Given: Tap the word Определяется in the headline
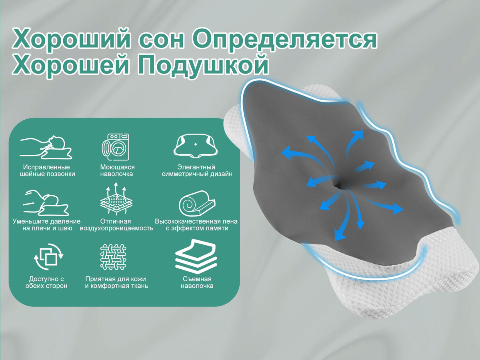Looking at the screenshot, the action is (x=284, y=38).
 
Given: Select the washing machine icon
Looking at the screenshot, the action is (x=115, y=147).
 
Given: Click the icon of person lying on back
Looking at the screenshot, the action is (x=46, y=147).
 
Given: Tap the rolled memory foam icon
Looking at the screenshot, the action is (x=197, y=203).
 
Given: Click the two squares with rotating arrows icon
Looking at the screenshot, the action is (x=48, y=257).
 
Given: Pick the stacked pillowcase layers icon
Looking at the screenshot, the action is (x=196, y=256).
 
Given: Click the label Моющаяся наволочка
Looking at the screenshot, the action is (x=118, y=170).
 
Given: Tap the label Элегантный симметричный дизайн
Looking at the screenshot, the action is (x=197, y=170).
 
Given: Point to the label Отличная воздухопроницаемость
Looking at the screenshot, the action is (x=116, y=225).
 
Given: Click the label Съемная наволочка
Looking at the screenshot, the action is (x=197, y=282).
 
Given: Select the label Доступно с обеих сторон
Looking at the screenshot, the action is (x=46, y=282).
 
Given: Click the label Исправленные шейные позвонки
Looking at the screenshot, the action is (x=47, y=170).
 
